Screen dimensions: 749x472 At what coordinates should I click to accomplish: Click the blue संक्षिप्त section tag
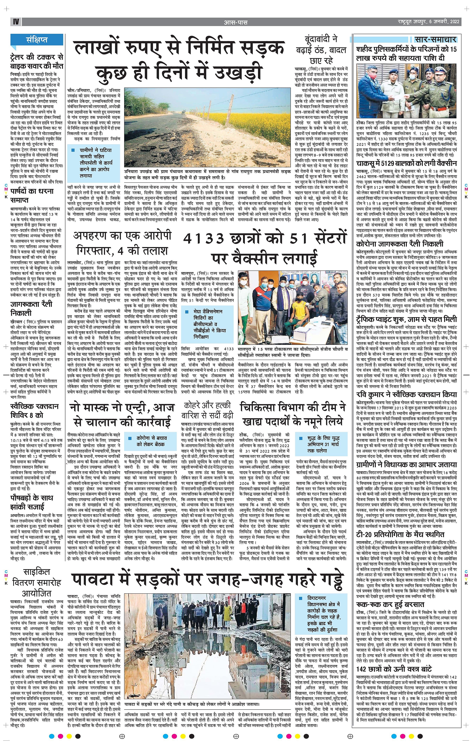pyautogui.click(x=37, y=40)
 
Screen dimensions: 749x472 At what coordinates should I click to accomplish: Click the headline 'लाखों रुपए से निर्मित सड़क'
pyautogui.click(x=179, y=50)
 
